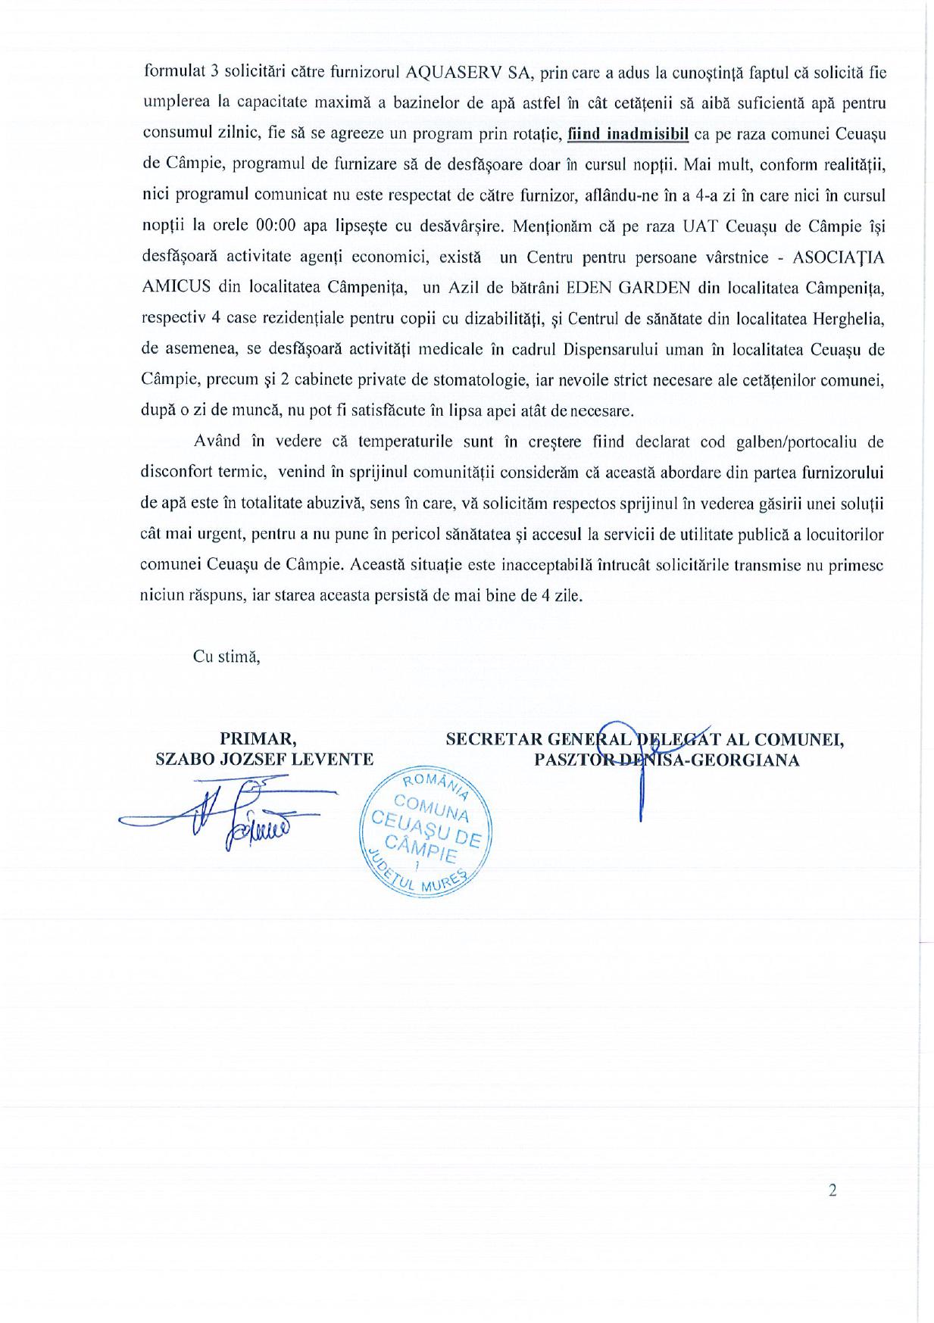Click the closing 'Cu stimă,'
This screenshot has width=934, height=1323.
click(x=226, y=657)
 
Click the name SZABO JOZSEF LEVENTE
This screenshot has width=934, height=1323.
click(x=264, y=760)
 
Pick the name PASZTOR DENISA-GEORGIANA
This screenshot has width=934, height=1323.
click(x=667, y=760)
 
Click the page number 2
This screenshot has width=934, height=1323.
click(x=832, y=1191)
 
